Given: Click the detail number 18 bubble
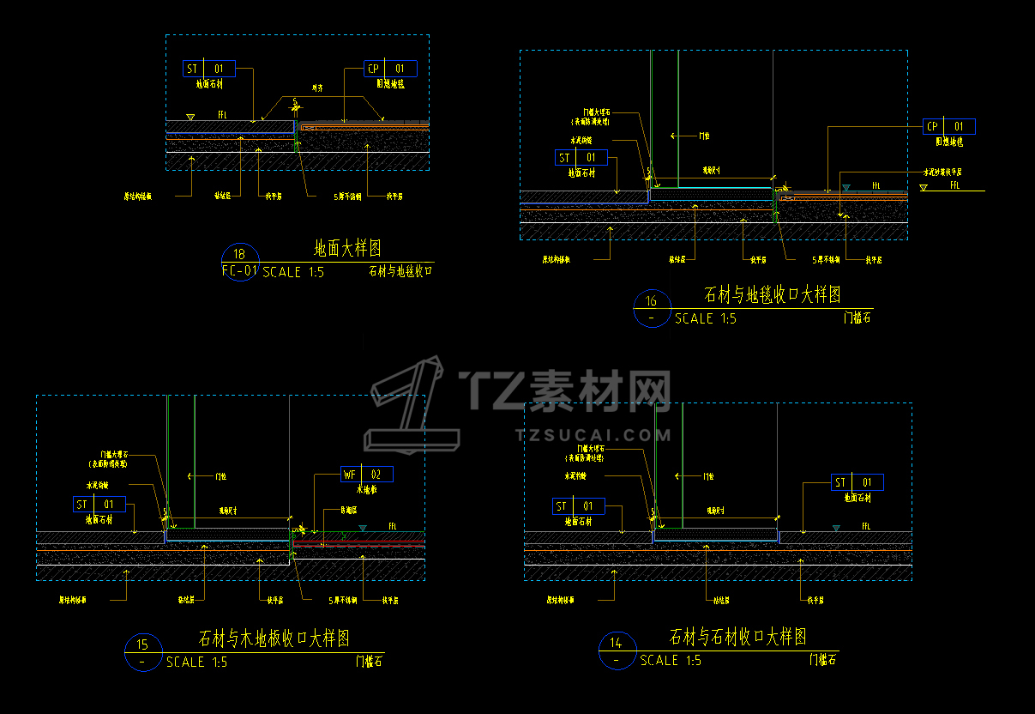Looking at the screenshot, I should (x=239, y=254).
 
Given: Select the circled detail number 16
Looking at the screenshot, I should (x=652, y=301).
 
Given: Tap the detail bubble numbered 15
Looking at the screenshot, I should (x=143, y=645).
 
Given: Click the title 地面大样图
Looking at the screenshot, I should (x=347, y=249).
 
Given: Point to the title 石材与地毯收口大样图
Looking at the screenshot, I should (x=772, y=294).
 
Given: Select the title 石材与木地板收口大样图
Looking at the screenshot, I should (x=274, y=638).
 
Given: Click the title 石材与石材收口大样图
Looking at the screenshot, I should (x=737, y=637).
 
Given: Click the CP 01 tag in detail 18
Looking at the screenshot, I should (x=390, y=69).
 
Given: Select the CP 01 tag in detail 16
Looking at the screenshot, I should (x=949, y=127).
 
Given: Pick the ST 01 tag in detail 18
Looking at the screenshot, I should (x=209, y=69).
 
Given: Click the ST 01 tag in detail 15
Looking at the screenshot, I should (x=100, y=505).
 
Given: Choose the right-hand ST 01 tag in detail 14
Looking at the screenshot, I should (x=857, y=482).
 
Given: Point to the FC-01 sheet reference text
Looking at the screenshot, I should (x=239, y=271).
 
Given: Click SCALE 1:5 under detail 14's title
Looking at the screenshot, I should (x=671, y=661).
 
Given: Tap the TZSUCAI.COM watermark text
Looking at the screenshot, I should (x=593, y=435).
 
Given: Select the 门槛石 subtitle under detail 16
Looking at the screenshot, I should (x=857, y=318).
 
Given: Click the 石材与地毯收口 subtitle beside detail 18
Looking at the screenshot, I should (x=400, y=271).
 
